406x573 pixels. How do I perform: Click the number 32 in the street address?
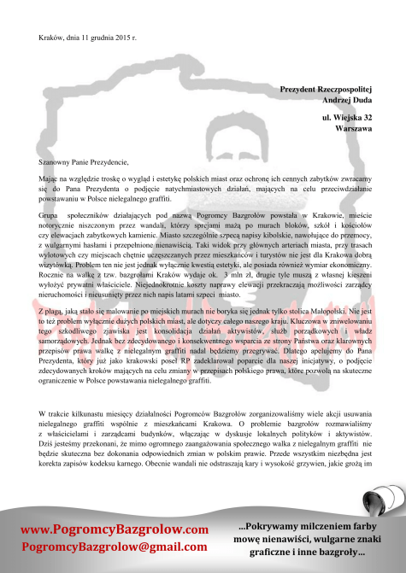pos(366,116)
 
